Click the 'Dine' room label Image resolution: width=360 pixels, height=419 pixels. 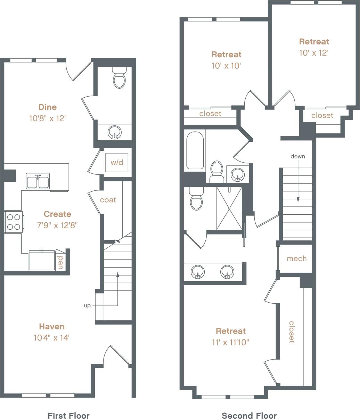48,107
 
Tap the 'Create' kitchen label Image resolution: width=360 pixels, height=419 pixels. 57,214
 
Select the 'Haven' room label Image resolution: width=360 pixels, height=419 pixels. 51,327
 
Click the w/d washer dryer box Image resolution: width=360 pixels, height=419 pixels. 117,162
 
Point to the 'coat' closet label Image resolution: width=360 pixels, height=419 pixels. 108,200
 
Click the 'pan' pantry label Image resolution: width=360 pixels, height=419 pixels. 60,262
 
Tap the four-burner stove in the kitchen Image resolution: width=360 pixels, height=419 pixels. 14,222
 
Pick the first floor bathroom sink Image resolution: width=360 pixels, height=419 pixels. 114,132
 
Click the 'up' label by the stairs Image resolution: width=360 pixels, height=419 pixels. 87,306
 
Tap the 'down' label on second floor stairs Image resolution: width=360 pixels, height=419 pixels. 298,156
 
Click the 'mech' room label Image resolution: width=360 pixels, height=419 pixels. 297,258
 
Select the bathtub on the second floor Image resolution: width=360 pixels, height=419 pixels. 195,150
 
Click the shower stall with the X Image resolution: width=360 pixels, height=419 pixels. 229,208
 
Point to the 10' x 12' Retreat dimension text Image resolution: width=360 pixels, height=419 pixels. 314,53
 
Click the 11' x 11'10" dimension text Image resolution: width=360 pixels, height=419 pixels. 231,342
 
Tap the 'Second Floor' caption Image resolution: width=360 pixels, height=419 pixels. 249,416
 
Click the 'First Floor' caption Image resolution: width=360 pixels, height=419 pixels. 68,416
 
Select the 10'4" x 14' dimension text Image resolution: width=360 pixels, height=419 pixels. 51,337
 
